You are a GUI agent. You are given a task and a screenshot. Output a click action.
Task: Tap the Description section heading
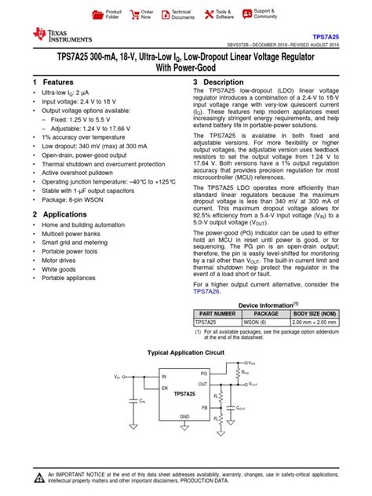click(224, 82)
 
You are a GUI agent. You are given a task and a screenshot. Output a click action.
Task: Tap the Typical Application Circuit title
click(185, 353)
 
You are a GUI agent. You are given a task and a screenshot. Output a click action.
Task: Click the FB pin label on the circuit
click(204, 407)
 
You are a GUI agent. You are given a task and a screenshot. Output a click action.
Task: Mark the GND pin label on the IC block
click(184, 417)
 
